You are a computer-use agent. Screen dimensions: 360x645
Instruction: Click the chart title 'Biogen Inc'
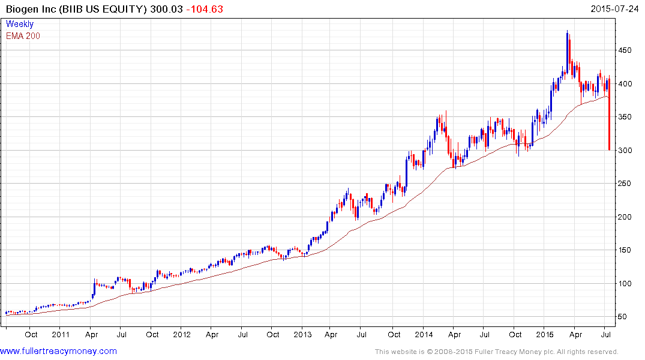click(29, 8)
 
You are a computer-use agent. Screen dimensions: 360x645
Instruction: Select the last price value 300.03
click(165, 8)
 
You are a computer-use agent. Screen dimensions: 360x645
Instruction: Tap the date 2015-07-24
click(616, 8)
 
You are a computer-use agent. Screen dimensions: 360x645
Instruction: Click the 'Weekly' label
click(20, 24)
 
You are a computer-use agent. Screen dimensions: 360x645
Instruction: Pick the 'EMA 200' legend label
click(23, 35)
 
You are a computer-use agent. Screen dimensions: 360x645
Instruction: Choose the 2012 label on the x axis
click(182, 334)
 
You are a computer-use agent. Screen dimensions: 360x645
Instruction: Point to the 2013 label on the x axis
click(302, 334)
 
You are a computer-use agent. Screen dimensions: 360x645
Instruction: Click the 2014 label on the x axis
click(424, 334)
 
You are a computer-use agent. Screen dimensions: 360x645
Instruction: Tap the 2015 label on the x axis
click(544, 334)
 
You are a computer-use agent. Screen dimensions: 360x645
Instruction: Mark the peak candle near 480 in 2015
click(567, 48)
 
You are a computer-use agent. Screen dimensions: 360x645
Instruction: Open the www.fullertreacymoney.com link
click(58, 351)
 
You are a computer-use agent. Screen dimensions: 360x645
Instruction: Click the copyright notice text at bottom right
click(496, 352)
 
